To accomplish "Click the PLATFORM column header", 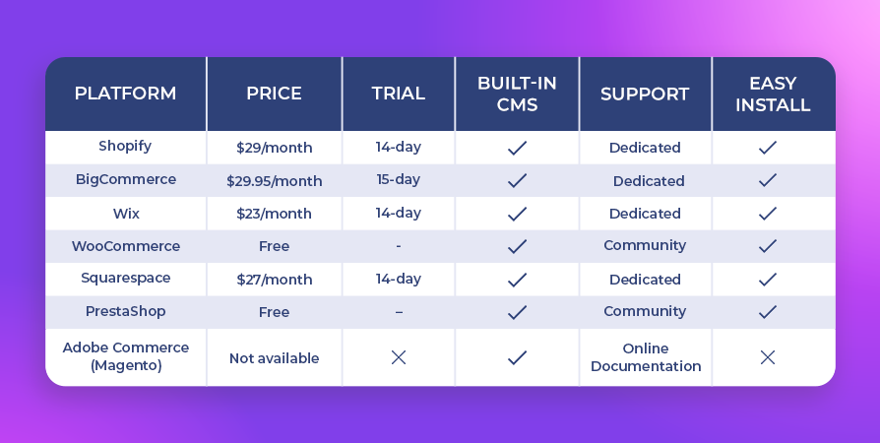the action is pyautogui.click(x=125, y=94).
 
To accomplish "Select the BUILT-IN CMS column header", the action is pyautogui.click(x=517, y=94).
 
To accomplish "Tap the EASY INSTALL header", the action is pyautogui.click(x=773, y=94).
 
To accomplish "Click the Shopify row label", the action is pyautogui.click(x=125, y=146).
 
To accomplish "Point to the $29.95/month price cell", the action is pyautogui.click(x=275, y=181).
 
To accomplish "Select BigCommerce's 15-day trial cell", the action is pyautogui.click(x=398, y=180).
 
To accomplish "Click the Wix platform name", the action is pyautogui.click(x=126, y=214).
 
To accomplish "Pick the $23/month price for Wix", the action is pyautogui.click(x=274, y=214).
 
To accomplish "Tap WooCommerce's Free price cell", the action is pyautogui.click(x=274, y=246).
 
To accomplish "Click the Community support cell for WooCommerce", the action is pyautogui.click(x=645, y=245).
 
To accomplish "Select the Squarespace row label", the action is pyautogui.click(x=126, y=279).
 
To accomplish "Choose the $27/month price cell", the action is pyautogui.click(x=274, y=280).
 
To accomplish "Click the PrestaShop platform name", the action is pyautogui.click(x=125, y=311).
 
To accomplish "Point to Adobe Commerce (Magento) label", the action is pyautogui.click(x=126, y=356).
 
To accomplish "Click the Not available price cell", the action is pyautogui.click(x=274, y=358).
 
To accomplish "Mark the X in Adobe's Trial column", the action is pyautogui.click(x=399, y=357).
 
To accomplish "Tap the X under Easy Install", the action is pyautogui.click(x=767, y=357).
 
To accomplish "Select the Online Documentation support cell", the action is pyautogui.click(x=646, y=357).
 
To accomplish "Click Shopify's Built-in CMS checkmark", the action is pyautogui.click(x=517, y=148).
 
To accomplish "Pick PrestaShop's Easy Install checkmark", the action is pyautogui.click(x=767, y=312).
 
